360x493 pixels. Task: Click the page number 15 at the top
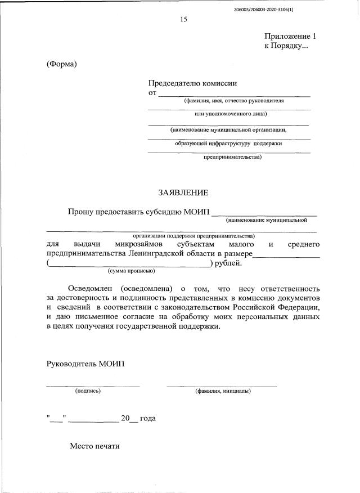click(183, 19)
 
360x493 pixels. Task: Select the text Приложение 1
click(287, 36)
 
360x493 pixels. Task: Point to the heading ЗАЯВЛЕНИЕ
click(183, 192)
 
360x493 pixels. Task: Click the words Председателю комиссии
click(192, 83)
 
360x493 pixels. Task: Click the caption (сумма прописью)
click(131, 271)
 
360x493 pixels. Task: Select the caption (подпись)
click(87, 391)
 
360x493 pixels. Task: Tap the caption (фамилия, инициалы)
click(223, 391)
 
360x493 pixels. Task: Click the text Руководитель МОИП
click(85, 364)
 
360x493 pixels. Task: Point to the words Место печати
click(95, 446)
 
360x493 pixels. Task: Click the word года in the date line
click(147, 419)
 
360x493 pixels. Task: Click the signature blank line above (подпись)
click(93, 386)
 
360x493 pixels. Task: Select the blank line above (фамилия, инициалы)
click(222, 386)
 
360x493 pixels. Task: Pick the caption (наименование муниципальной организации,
click(228, 129)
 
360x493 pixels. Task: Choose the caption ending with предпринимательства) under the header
click(232, 157)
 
